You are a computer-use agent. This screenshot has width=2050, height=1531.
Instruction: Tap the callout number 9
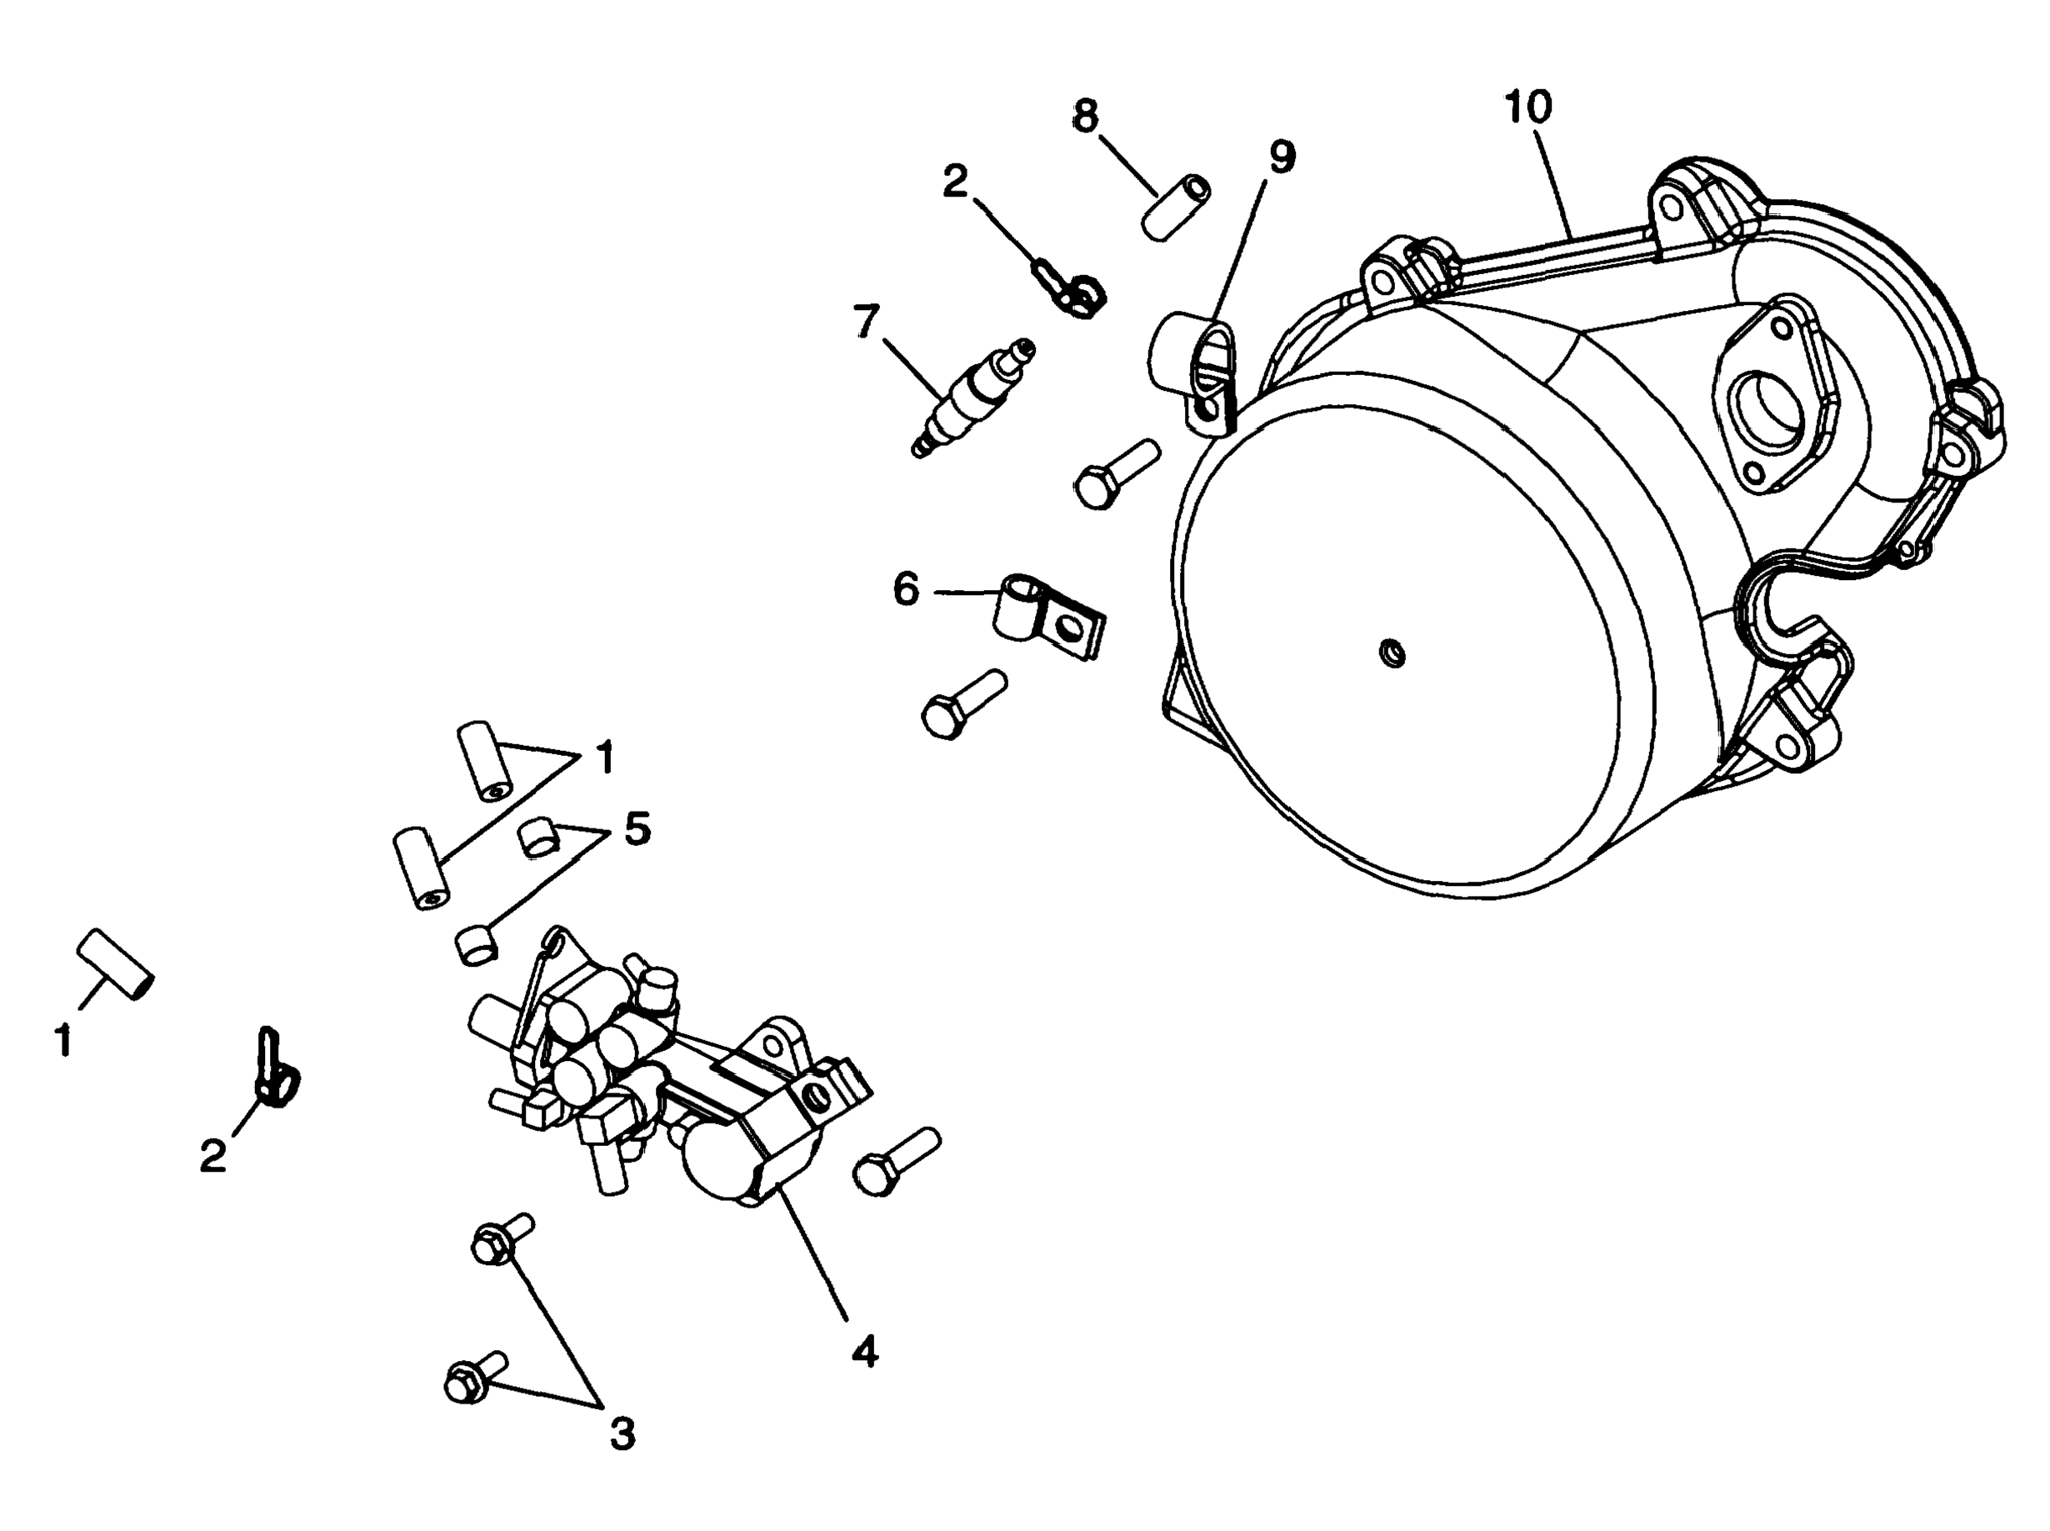[x=1282, y=158]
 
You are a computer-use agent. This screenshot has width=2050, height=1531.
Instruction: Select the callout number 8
[x=1085, y=118]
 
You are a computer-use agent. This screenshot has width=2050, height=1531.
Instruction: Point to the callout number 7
[x=866, y=322]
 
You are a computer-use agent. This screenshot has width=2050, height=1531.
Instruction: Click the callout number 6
[x=906, y=589]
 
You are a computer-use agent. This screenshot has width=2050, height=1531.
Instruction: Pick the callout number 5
[x=637, y=828]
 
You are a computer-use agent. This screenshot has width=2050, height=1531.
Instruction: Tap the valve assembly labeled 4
[x=667, y=1075]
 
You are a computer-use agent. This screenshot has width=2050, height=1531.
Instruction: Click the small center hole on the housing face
[x=1391, y=654]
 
